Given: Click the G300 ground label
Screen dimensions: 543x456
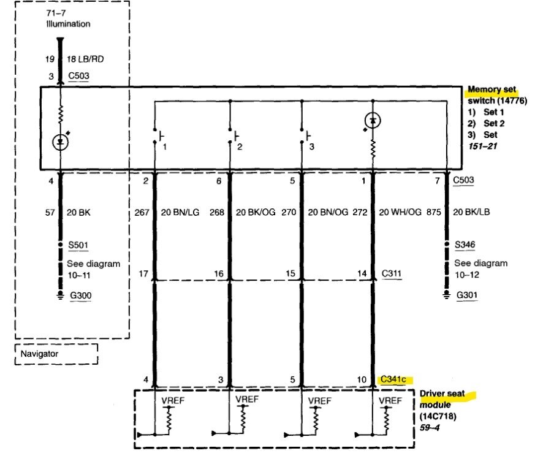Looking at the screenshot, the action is (81, 295).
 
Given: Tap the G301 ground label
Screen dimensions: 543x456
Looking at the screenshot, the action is (467, 295).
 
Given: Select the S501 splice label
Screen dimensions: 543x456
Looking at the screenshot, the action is (78, 245).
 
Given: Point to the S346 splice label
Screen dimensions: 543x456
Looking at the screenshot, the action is (465, 245).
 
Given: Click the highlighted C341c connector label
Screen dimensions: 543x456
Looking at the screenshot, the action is (393, 379).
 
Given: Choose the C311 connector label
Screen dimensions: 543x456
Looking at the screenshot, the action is (392, 273).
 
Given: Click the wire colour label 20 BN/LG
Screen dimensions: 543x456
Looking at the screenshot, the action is (180, 212).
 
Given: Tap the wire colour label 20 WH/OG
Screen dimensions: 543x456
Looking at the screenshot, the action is (400, 212).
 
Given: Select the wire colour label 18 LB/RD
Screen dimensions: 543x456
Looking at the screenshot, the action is (85, 59).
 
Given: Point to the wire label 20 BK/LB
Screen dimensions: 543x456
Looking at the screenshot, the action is (471, 212).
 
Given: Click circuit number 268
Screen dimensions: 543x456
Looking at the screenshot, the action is (217, 212).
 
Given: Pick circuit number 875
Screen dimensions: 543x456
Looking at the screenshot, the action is (433, 212).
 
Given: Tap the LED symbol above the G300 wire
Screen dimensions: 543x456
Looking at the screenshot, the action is (61, 141).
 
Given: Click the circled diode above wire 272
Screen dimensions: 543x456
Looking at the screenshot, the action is (373, 121).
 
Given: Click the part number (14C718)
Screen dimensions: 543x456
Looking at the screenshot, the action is (438, 416).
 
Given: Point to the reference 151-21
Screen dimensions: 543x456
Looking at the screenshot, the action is (483, 146).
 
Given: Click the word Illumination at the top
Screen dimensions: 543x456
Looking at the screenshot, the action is (68, 24).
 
